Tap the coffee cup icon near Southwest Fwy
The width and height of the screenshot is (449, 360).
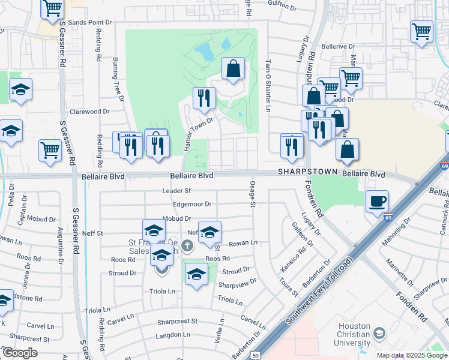coord(377,201)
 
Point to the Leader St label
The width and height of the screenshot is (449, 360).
coord(176,191)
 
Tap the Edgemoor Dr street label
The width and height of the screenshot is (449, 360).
coord(191,205)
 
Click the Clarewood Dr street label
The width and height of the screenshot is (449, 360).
coord(89,112)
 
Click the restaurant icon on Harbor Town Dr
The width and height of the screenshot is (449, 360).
coord(204,97)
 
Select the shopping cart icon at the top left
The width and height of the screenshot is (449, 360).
coord(53,8)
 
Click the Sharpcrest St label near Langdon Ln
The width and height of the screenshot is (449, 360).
coord(177,322)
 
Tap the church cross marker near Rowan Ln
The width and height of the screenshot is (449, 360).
coord(187,245)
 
